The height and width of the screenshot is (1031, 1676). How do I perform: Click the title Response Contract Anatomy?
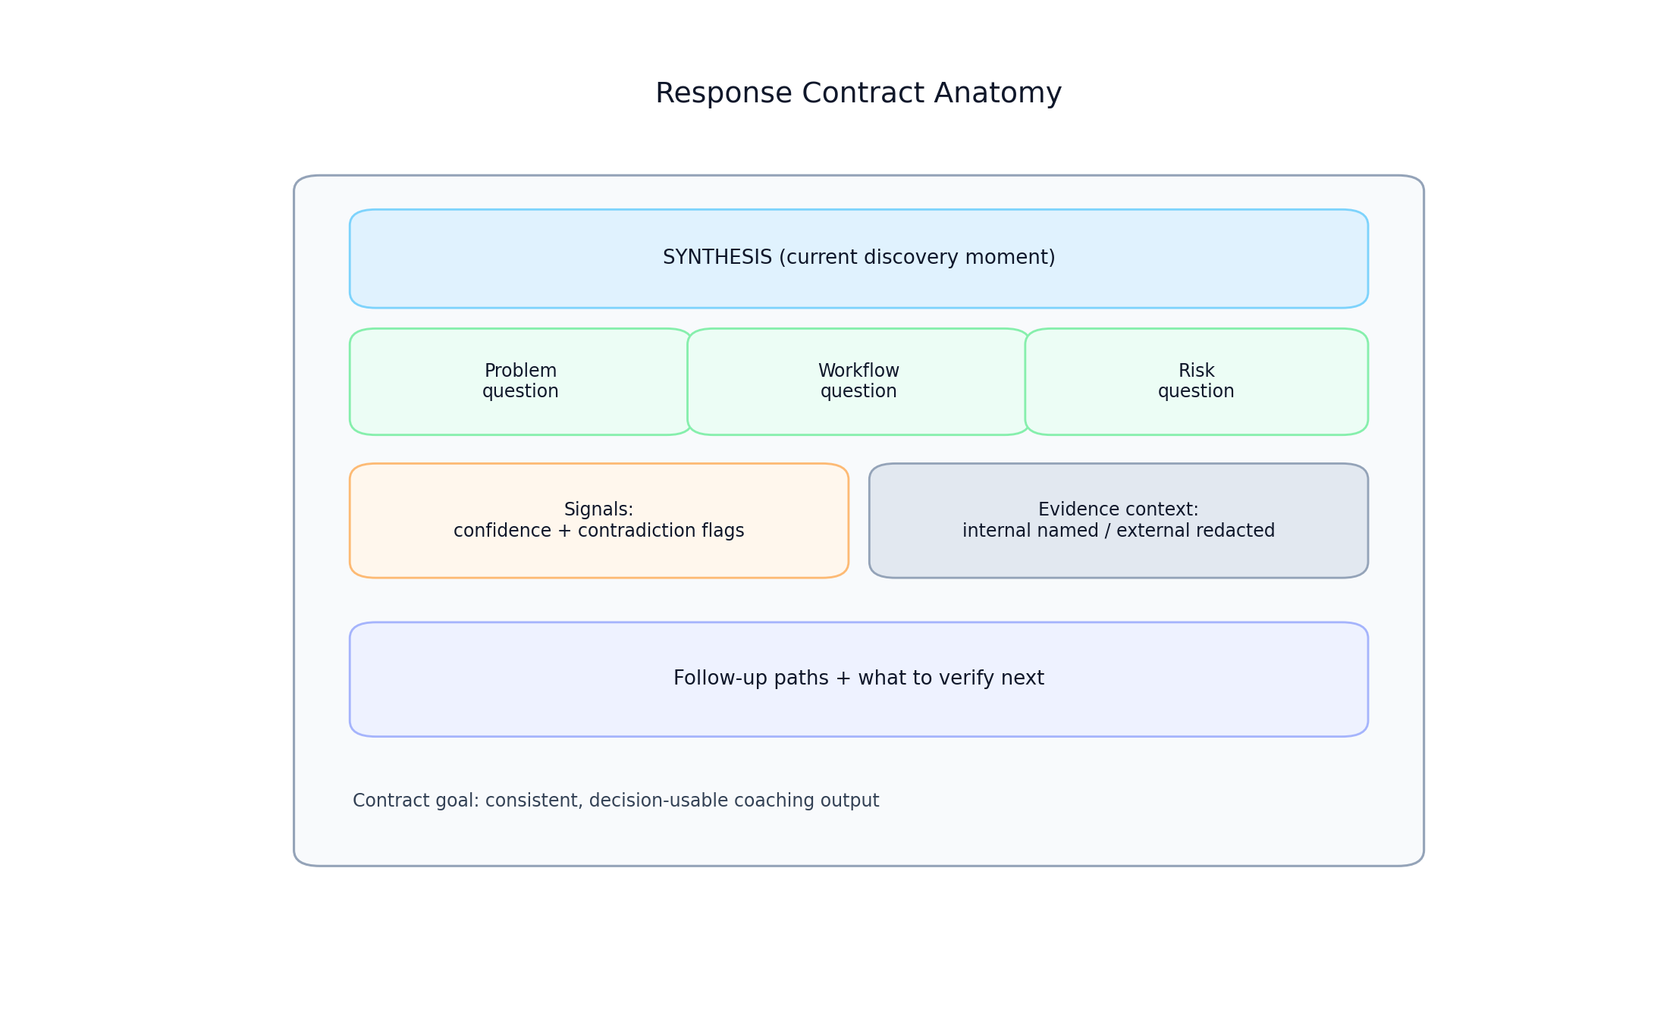click(858, 93)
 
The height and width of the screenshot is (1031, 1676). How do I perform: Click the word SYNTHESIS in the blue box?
click(717, 258)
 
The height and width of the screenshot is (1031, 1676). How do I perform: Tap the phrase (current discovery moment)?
click(917, 258)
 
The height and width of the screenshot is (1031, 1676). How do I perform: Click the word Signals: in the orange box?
click(598, 509)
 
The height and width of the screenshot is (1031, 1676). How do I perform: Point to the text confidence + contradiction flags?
click(598, 531)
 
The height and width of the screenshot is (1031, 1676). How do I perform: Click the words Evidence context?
click(1118, 509)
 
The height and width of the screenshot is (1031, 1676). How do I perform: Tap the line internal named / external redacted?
click(1118, 531)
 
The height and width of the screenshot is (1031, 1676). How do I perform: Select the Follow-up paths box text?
click(858, 678)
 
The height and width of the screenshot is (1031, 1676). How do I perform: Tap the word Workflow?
click(858, 371)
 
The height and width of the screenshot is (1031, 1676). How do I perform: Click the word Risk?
click(1196, 371)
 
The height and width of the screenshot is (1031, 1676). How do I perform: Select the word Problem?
click(520, 371)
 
